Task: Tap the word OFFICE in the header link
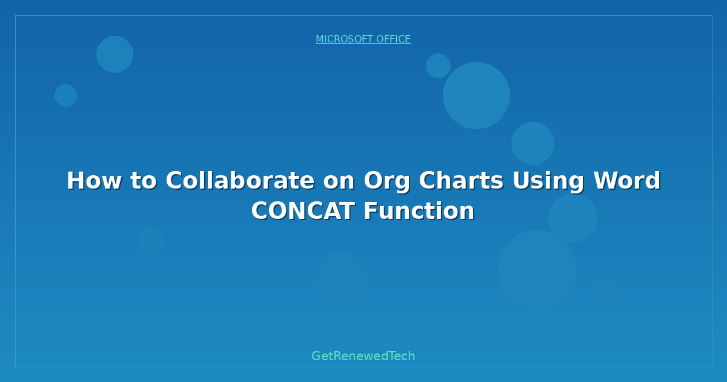393,39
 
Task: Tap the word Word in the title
627,181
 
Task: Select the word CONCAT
304,211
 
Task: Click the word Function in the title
419,211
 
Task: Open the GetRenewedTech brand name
363,356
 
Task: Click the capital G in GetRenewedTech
316,356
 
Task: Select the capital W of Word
605,181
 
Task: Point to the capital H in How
75,181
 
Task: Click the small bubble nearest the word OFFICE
438,65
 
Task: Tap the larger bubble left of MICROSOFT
115,54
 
